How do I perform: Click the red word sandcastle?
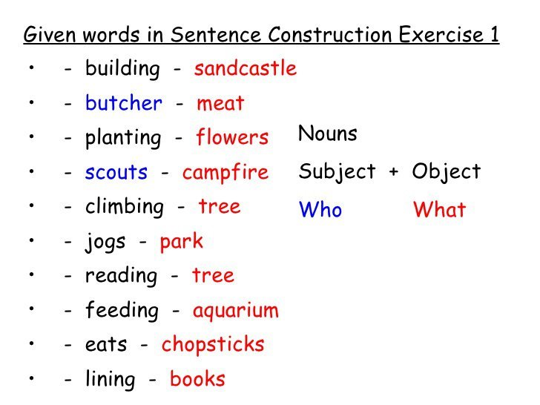[246, 68]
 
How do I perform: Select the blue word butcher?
[124, 102]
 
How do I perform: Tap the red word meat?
[220, 103]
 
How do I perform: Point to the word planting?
[123, 138]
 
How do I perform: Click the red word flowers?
[232, 137]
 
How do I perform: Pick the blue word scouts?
[116, 172]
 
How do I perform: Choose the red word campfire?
[225, 173]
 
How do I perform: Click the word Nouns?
[328, 134]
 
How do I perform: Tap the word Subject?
[337, 172]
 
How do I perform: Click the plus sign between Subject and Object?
[394, 171]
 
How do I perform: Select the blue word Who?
[320, 209]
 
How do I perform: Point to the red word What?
[439, 209]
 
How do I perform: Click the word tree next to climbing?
[220, 207]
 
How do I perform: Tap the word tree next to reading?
[213, 275]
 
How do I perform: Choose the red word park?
[182, 242]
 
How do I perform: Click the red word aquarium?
[236, 311]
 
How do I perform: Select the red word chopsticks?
[213, 345]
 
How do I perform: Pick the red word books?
[197, 379]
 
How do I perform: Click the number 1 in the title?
[495, 34]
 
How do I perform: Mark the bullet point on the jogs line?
[32, 240]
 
